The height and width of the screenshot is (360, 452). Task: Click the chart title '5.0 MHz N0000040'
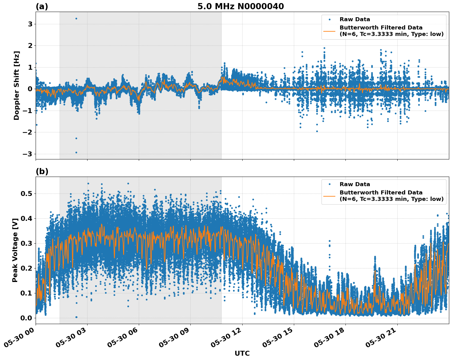[240, 6]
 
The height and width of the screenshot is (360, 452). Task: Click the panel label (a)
[42, 6]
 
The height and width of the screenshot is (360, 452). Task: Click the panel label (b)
[42, 171]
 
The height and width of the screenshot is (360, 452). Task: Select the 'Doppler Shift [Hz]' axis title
[17, 85]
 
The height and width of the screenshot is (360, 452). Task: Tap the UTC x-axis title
[242, 353]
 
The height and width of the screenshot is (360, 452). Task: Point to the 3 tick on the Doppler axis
[30, 24]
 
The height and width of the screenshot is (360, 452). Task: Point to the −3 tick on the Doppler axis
[28, 154]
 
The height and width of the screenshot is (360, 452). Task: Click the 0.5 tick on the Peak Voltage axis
[26, 194]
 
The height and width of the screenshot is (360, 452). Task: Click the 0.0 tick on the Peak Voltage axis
[26, 318]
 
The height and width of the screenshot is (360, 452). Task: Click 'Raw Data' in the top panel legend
[355, 19]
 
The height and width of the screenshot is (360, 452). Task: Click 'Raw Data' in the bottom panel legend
[355, 184]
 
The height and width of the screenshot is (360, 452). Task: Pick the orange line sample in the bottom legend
[329, 196]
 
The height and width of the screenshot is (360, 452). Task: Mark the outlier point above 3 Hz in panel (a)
[76, 18]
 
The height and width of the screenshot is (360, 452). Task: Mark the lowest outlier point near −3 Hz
[76, 152]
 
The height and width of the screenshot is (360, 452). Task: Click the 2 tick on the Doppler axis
[30, 46]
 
